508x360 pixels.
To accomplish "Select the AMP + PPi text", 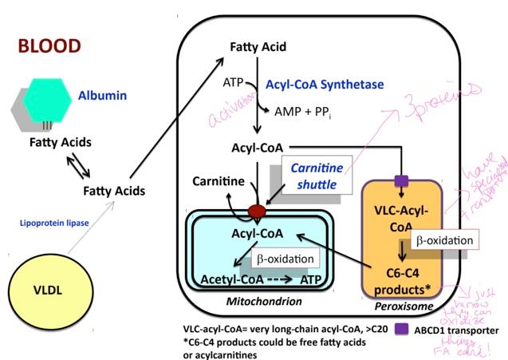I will [303, 113].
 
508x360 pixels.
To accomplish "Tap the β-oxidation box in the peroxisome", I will [444, 239].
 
